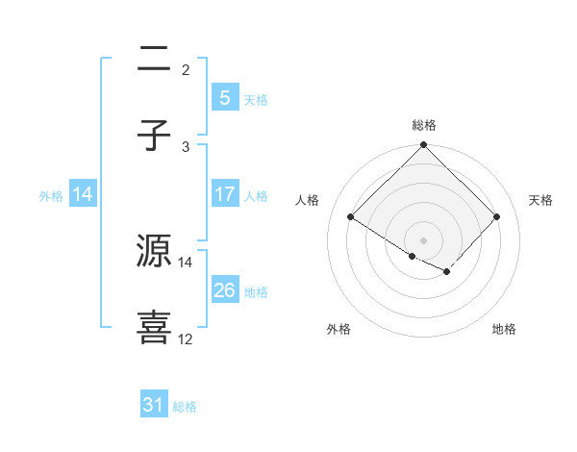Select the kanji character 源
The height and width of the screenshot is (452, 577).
[154, 252]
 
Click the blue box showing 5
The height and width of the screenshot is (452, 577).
[224, 97]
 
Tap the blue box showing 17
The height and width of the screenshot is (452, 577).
[224, 194]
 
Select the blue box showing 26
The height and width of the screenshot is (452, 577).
[224, 290]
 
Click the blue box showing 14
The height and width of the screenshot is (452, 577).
[83, 194]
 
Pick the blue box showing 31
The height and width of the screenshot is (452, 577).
[154, 405]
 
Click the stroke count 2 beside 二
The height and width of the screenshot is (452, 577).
[186, 69]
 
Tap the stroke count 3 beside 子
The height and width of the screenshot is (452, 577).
[186, 146]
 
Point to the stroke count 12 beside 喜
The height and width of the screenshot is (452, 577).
[186, 339]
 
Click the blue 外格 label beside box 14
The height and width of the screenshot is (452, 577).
[51, 195]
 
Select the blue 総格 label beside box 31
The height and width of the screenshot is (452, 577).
[185, 407]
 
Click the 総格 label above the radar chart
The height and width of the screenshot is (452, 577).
[423, 125]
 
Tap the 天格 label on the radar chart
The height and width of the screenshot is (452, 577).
[541, 200]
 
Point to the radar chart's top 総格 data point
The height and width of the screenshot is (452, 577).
[423, 146]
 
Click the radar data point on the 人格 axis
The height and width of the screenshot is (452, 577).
[351, 216]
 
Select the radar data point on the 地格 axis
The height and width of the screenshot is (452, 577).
[447, 272]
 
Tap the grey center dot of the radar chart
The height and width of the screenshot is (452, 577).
[423, 239]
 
